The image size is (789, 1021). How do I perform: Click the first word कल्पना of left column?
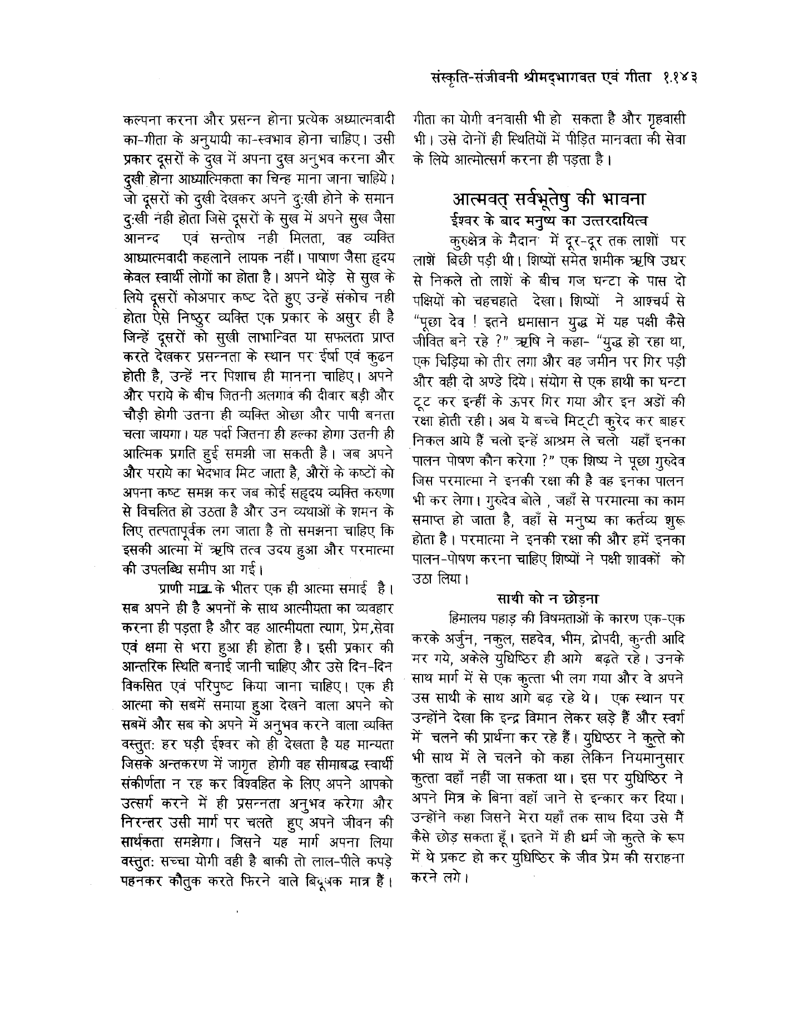coord(141,120)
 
